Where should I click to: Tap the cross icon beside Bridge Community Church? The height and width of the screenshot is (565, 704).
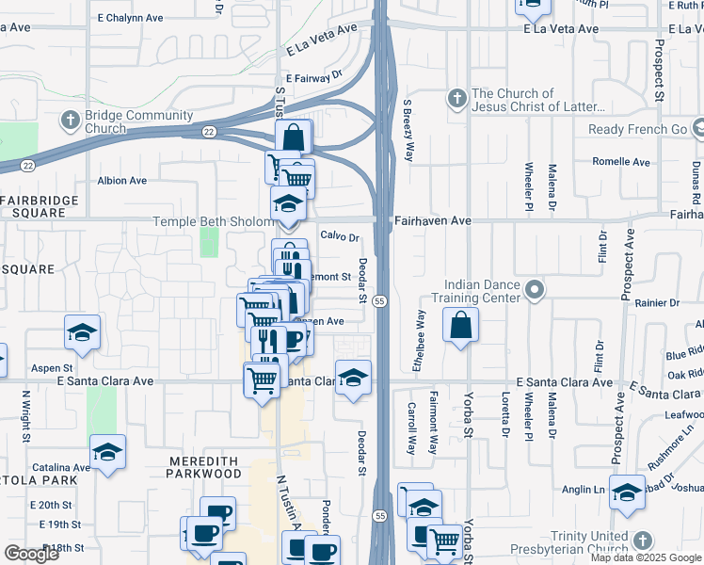(71, 121)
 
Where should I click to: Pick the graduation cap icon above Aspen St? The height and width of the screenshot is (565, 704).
(83, 332)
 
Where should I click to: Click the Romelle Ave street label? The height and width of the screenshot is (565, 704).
(621, 162)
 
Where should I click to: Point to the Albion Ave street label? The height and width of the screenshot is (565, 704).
(121, 180)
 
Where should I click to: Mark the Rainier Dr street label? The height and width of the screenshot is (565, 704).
(657, 303)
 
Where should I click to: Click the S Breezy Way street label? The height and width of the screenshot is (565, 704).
(408, 131)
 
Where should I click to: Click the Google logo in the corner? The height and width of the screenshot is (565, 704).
(31, 554)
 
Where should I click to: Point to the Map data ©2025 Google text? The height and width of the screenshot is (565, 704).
(645, 557)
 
